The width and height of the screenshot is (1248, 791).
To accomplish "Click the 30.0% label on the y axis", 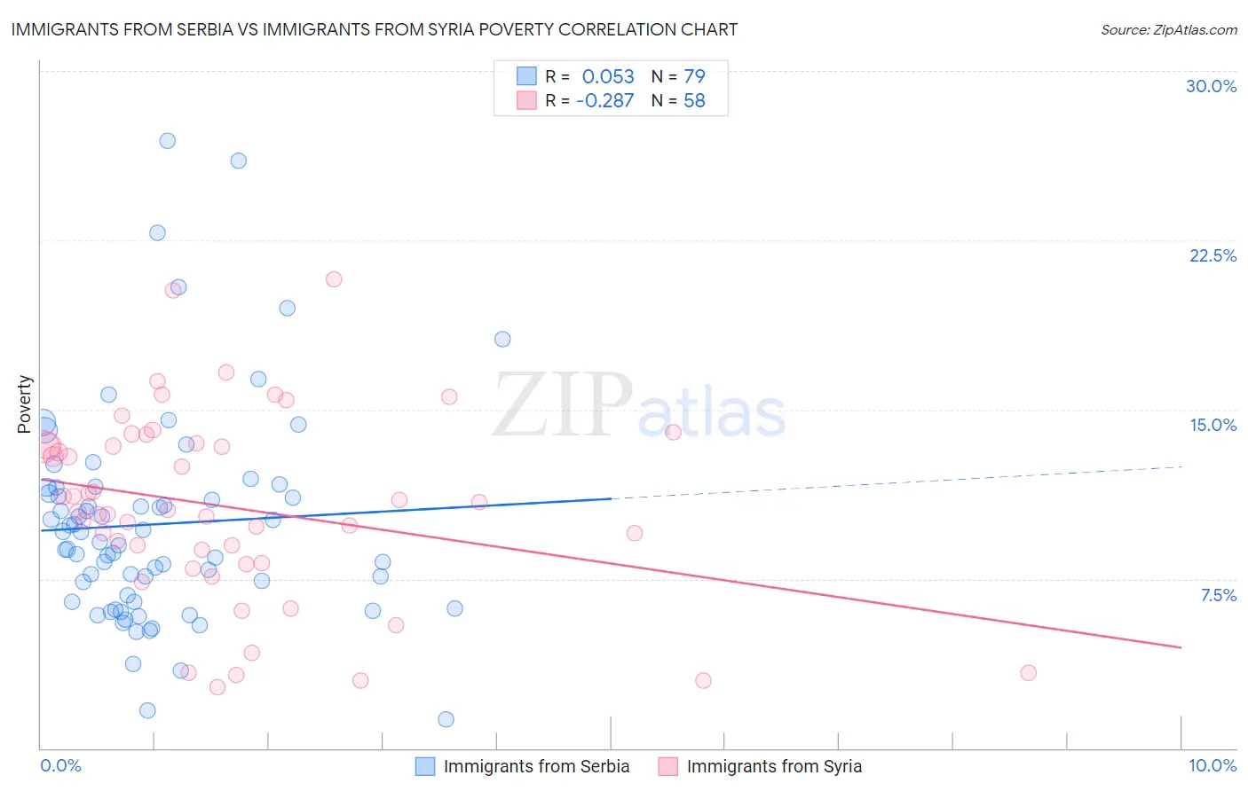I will click(x=1211, y=86).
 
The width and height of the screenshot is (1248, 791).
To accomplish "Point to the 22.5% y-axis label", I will click(x=1212, y=255).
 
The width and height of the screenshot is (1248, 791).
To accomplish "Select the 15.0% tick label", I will click(x=1212, y=425).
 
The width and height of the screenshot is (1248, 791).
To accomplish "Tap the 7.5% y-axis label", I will click(x=1218, y=595).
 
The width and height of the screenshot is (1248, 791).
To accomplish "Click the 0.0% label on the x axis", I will click(x=60, y=765).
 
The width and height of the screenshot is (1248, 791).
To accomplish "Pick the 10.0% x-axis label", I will click(x=1212, y=765).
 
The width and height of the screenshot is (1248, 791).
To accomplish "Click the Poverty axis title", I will click(x=24, y=404).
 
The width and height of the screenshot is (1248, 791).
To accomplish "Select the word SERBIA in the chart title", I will click(x=201, y=29).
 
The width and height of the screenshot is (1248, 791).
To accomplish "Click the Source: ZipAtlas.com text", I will click(x=1168, y=29).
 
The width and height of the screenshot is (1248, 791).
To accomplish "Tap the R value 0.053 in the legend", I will click(x=608, y=76).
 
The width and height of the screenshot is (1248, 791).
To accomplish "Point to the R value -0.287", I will click(x=604, y=100).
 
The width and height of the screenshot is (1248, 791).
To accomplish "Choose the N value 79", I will click(x=694, y=76).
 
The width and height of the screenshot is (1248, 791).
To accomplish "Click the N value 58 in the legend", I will click(x=694, y=100).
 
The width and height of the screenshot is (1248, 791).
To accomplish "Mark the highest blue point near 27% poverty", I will click(x=167, y=140).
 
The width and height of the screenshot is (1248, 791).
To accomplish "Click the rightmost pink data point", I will click(x=1028, y=672).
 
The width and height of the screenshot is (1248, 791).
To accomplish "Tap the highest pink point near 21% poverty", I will click(x=334, y=278).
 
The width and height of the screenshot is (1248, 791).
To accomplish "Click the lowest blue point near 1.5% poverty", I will click(x=446, y=719).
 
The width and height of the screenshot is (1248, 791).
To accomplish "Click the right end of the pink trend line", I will click(x=1181, y=647).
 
